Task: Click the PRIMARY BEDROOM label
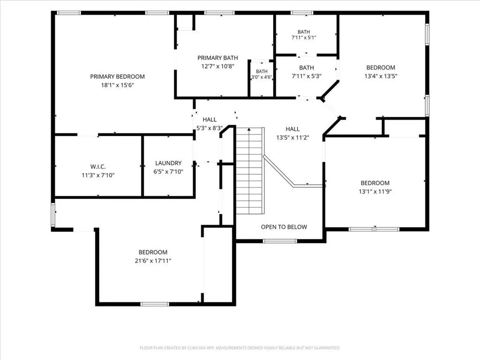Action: pos(117,76)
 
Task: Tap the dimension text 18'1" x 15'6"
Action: pos(118,85)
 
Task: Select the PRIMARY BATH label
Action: pos(217,58)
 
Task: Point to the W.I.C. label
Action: pos(98,167)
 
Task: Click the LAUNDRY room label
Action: pos(168,163)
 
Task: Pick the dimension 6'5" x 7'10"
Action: pos(168,172)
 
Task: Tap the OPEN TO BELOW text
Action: pos(284,227)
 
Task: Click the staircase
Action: pos(250,171)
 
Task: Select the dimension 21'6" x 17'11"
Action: pos(153,261)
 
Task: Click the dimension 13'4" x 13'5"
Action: pos(381,76)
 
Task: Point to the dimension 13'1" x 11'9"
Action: pos(375,192)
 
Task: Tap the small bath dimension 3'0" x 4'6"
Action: pos(262,77)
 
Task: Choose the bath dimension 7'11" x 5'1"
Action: pos(304,37)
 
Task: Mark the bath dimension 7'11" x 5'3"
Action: pos(307,76)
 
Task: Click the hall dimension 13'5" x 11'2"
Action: pos(292,138)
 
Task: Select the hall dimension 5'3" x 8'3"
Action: pos(210,128)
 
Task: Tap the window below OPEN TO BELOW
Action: pos(280,241)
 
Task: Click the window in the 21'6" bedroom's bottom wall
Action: pos(155,304)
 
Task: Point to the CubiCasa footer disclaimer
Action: pos(240,348)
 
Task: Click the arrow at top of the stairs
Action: pos(249,130)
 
